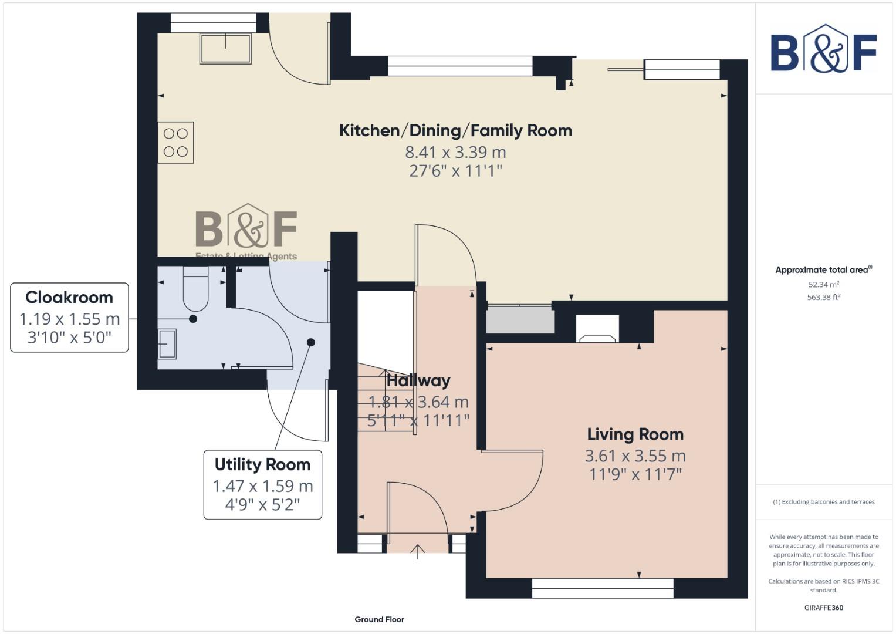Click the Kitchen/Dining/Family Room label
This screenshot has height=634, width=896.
[x=455, y=130]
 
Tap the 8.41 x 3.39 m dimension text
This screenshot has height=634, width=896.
[x=455, y=152]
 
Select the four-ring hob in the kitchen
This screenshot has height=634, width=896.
[x=175, y=143]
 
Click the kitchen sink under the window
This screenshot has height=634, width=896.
[x=226, y=48]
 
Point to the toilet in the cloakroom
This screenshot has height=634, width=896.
[x=195, y=289]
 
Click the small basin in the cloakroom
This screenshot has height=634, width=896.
[x=167, y=343]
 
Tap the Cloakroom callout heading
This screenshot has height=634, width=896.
[x=69, y=297]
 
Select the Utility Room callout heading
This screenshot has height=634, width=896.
[x=262, y=464]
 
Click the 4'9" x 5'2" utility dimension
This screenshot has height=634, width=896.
[x=262, y=504]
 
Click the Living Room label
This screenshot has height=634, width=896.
[x=635, y=434]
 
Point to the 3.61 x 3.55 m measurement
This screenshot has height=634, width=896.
[x=635, y=456]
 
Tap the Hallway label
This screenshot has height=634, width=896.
[x=418, y=380]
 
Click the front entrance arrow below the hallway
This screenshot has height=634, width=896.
[x=417, y=551]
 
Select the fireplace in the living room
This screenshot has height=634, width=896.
[x=597, y=329]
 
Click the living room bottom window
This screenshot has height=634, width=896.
[x=603, y=588]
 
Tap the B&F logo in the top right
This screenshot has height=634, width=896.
[x=823, y=50]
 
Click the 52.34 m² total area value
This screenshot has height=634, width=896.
[x=823, y=285]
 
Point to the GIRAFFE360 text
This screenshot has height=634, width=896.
[x=823, y=608]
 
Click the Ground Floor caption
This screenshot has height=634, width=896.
[x=379, y=619]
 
